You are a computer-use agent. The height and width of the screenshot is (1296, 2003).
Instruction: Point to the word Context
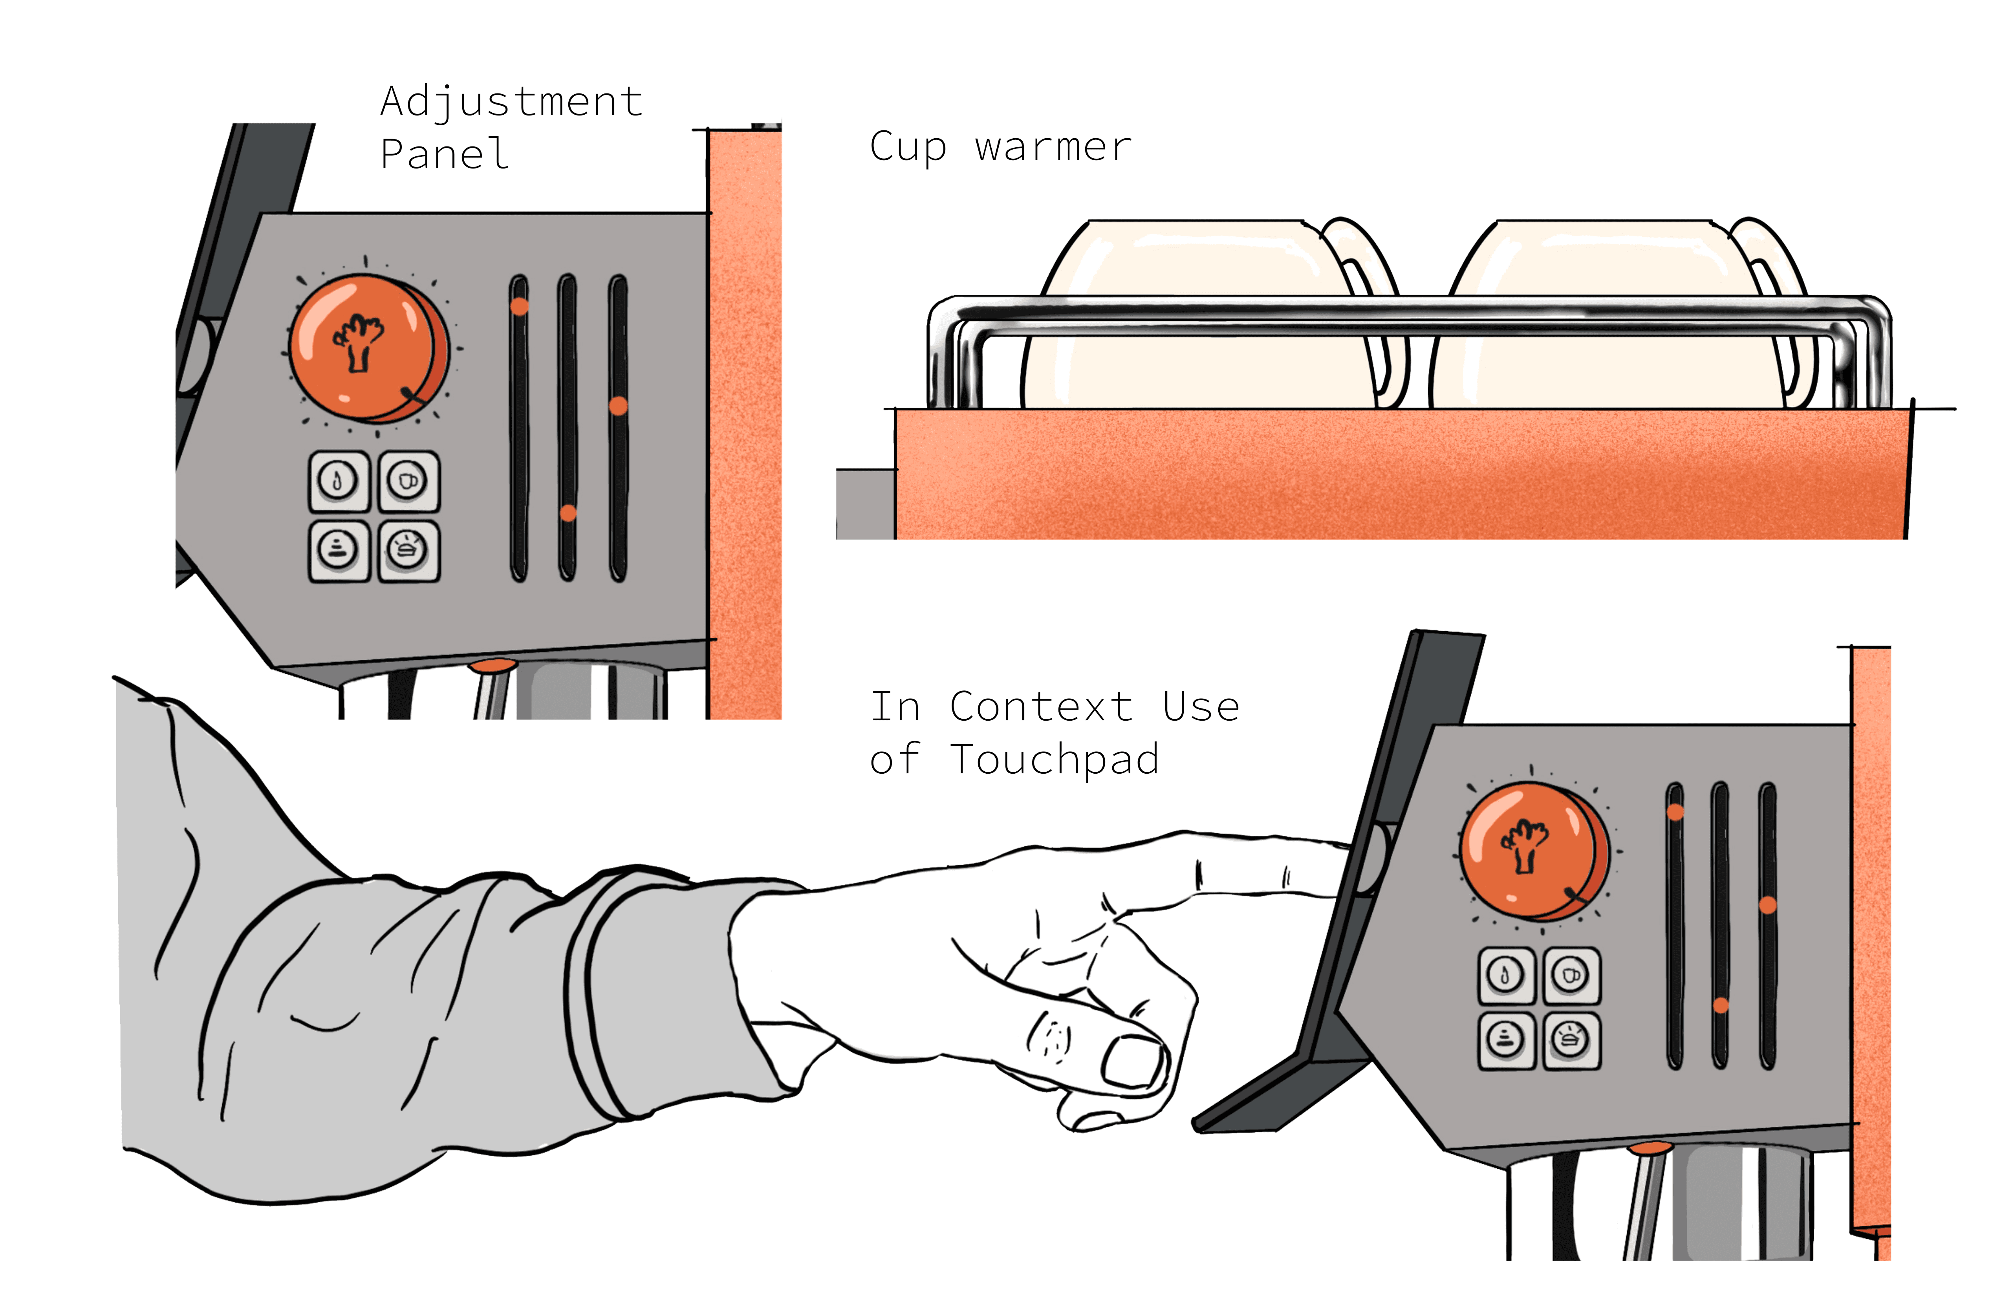(1041, 707)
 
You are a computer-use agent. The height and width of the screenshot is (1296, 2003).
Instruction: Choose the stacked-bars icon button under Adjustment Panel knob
(338, 550)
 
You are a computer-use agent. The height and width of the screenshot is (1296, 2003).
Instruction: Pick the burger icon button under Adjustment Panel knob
(408, 550)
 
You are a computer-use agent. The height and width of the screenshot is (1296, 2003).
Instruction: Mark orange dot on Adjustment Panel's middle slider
(568, 513)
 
